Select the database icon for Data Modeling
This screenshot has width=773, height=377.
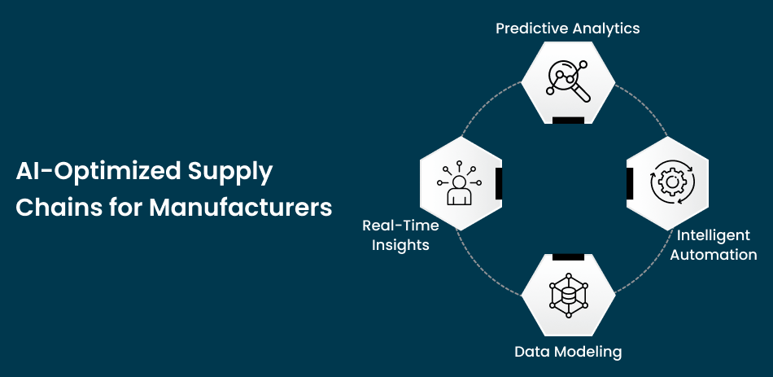[568, 295]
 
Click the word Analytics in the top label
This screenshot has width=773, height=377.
[605, 28]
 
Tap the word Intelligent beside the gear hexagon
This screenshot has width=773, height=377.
[714, 235]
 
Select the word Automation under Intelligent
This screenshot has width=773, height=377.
[714, 255]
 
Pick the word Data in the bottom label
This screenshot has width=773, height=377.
[531, 352]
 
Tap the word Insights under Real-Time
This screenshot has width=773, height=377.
[400, 244]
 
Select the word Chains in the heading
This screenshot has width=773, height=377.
[48, 208]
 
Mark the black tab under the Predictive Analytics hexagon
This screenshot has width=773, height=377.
[568, 120]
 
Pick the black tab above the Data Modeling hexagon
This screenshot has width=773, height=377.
[568, 256]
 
